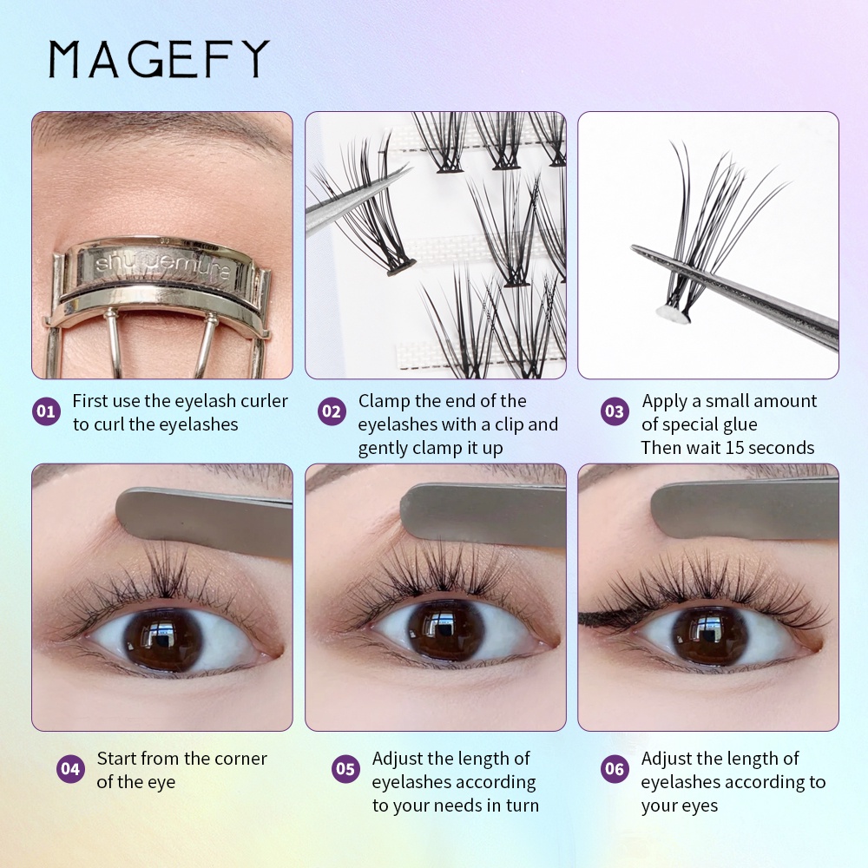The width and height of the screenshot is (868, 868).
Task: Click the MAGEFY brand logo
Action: coord(158,59)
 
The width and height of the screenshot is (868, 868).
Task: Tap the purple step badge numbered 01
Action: coord(46,411)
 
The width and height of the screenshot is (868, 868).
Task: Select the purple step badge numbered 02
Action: coord(332,411)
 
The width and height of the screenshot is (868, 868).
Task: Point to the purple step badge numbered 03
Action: coord(615,411)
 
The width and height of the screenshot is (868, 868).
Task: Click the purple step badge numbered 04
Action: coord(70,769)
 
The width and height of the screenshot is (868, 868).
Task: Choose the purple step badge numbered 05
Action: coord(345,769)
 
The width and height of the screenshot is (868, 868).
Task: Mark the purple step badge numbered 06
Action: coord(615,769)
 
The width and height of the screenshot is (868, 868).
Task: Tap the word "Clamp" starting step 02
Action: coord(385,401)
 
